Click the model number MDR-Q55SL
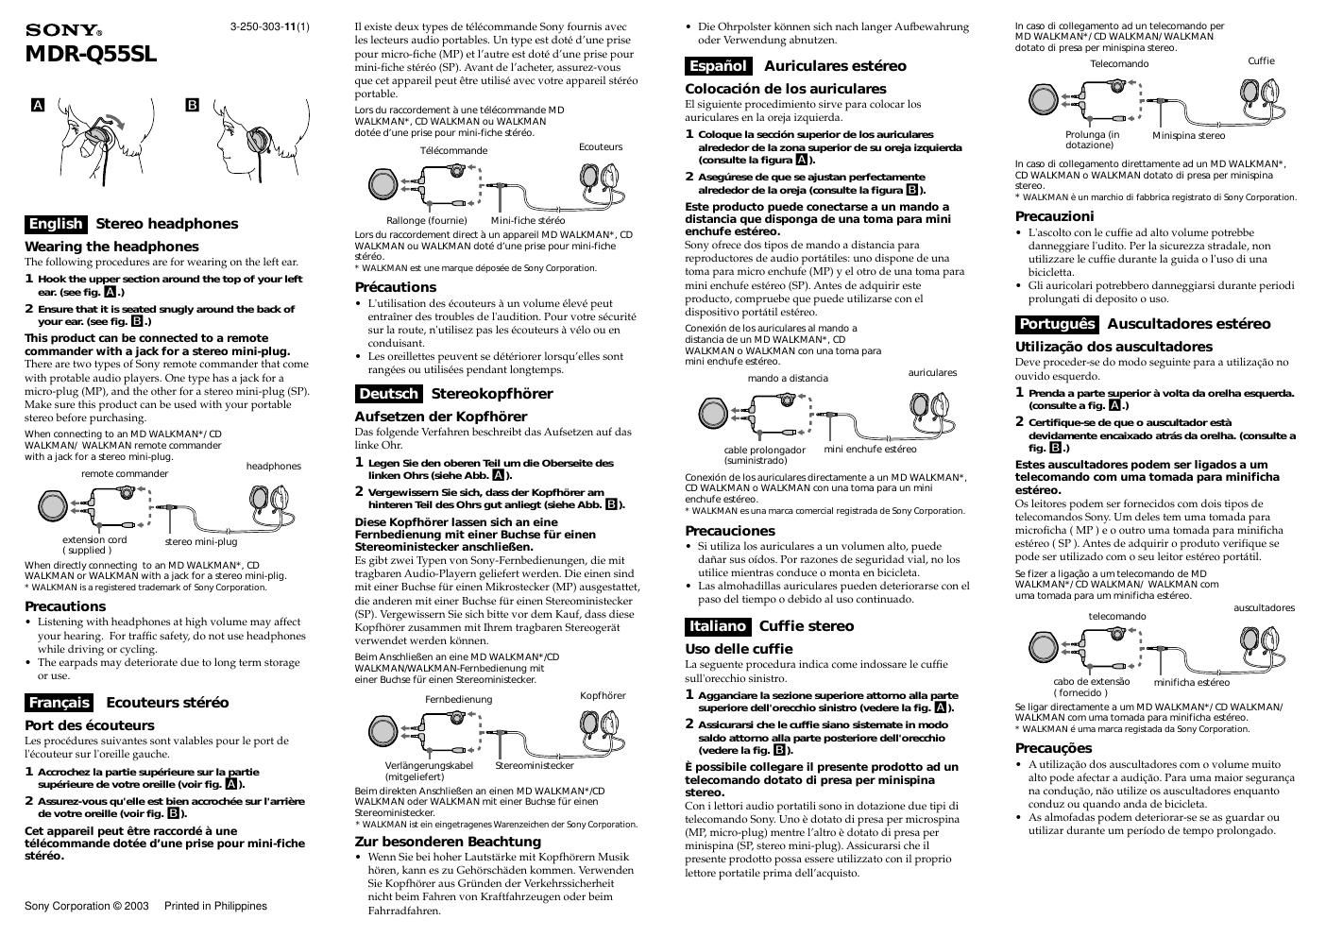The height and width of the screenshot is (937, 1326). tap(91, 54)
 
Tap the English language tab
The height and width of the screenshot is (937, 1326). tap(56, 224)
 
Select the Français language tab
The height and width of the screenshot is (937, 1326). tap(59, 703)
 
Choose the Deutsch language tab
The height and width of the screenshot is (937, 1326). tap(388, 394)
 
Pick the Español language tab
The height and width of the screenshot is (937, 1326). tap(718, 66)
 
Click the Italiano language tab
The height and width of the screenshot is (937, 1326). tap(717, 626)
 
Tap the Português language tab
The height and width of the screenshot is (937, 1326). tap(1057, 324)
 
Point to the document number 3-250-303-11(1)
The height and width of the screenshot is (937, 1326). tap(269, 27)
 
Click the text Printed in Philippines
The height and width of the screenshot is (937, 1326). tap(215, 906)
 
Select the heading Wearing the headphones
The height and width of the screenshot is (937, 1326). tap(111, 247)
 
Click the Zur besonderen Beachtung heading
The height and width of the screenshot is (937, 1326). tap(448, 842)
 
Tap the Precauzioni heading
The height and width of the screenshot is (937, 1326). tap(1054, 216)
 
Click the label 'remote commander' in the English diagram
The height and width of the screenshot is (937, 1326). tap(125, 473)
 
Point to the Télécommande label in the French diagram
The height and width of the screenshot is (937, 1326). tap(453, 150)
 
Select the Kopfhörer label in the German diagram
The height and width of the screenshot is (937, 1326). tap(603, 695)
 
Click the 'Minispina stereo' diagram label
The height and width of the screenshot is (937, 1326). tap(1188, 135)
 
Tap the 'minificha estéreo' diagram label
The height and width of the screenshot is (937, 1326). tap(1191, 682)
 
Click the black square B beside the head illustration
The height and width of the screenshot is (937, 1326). tap(193, 105)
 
